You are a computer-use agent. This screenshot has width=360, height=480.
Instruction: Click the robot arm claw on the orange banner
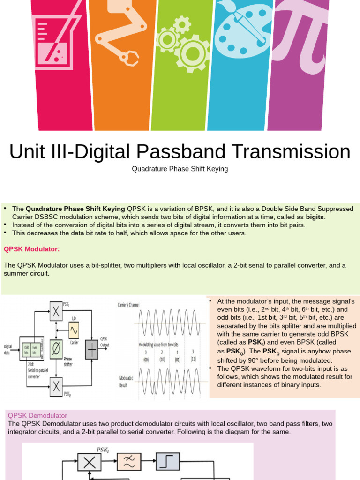tap(128, 57)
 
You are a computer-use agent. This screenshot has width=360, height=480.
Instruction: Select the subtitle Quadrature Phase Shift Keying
tap(180, 169)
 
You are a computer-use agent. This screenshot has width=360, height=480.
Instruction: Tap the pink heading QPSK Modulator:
tap(32, 248)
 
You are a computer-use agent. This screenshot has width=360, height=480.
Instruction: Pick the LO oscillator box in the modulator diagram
tap(74, 331)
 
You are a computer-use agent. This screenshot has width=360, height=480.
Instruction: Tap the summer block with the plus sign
tap(92, 350)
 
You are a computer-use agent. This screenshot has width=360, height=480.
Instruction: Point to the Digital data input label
tap(8, 349)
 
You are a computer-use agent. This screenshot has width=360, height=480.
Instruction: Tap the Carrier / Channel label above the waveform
tap(128, 305)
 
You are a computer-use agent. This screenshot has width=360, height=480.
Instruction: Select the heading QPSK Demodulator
tap(38, 415)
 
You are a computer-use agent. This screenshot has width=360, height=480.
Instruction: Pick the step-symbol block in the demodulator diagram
tap(167, 462)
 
